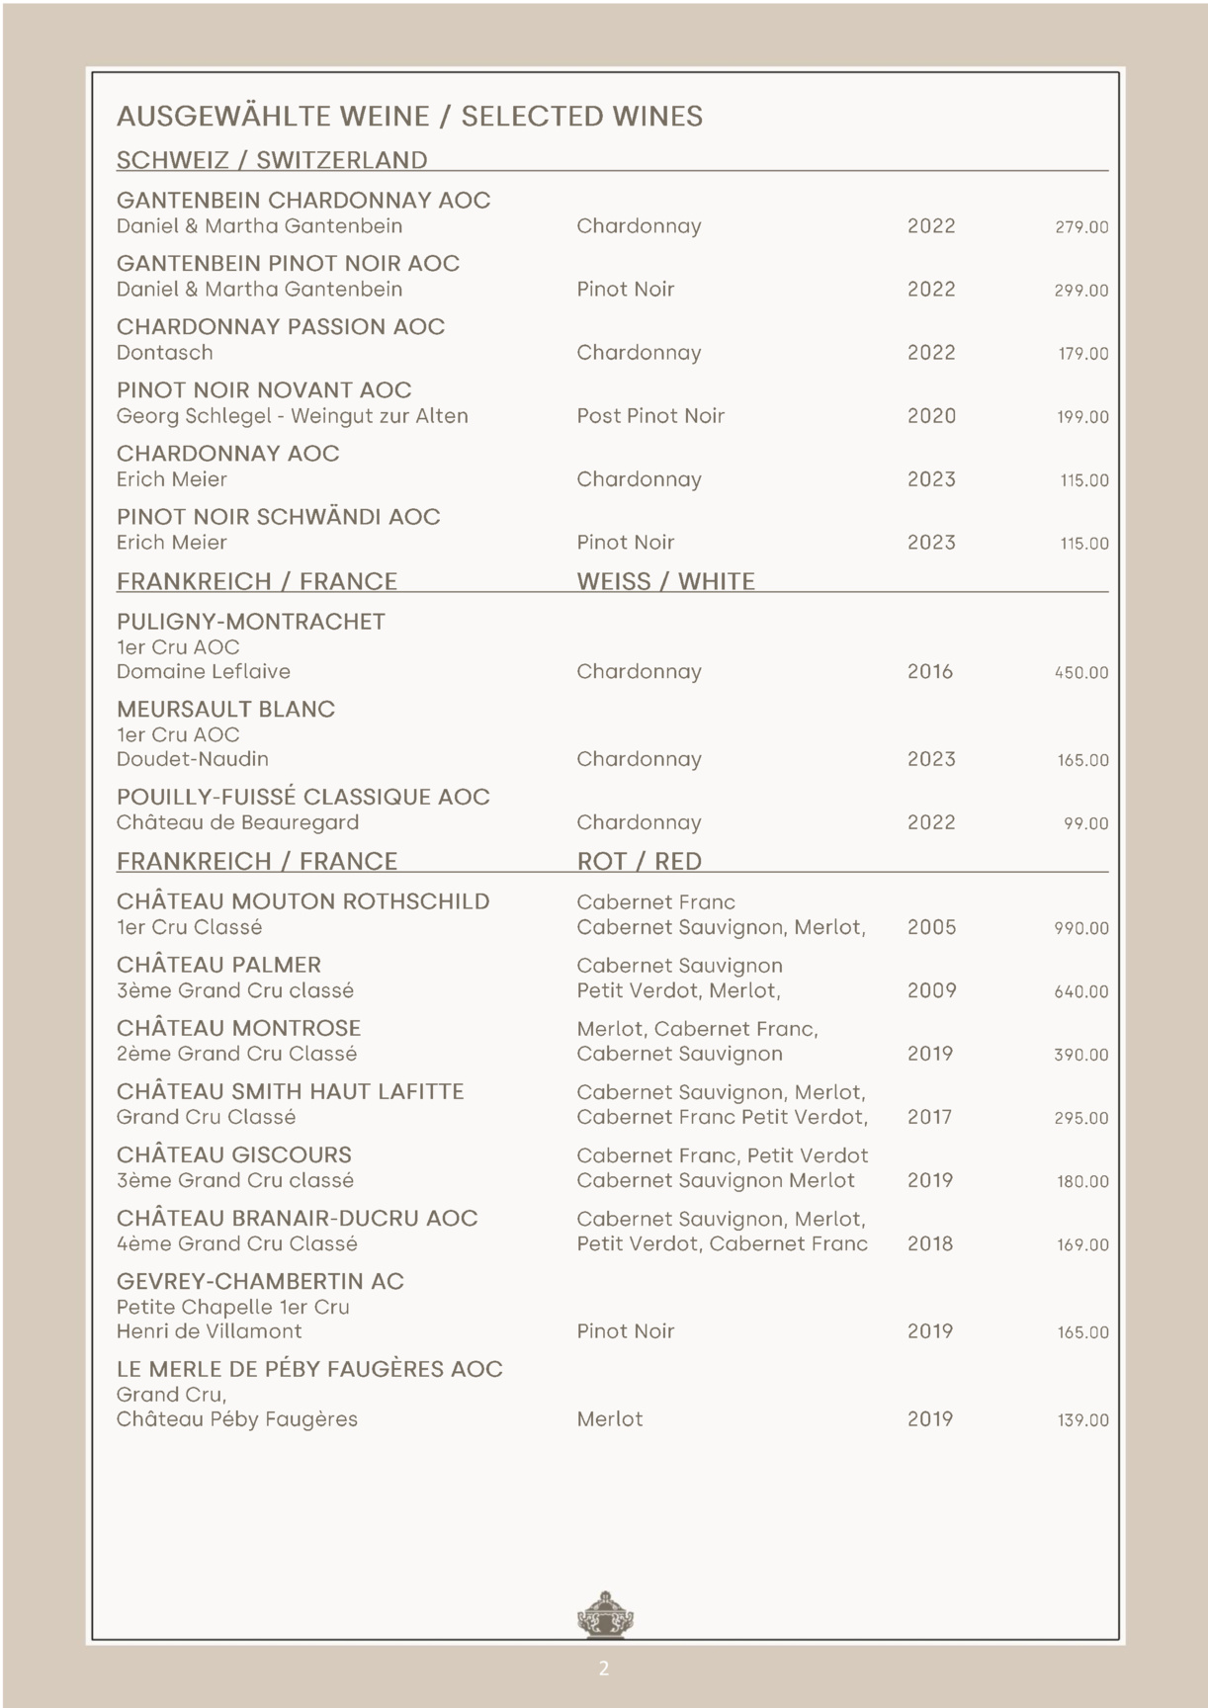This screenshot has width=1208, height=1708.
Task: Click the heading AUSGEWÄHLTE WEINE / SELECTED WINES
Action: click(x=409, y=117)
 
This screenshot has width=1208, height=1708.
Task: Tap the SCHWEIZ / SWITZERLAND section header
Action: click(x=272, y=160)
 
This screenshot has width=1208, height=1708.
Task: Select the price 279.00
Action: click(x=1080, y=227)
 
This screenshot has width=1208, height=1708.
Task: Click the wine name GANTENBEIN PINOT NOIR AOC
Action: click(x=288, y=264)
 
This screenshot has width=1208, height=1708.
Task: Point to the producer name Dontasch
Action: click(x=164, y=353)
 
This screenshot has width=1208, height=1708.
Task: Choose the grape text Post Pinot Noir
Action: click(x=650, y=416)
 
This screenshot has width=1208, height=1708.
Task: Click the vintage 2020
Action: click(x=931, y=416)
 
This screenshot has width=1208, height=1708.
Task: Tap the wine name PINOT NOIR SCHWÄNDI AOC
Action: click(x=278, y=517)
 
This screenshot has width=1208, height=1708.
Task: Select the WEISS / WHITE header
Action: click(x=665, y=581)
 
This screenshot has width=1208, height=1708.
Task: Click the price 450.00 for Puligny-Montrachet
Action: click(x=1080, y=673)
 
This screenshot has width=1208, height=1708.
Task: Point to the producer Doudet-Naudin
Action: click(x=192, y=759)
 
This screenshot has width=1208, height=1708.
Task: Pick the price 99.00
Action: click(x=1085, y=823)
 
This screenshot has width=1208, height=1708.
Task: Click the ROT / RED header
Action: click(x=639, y=861)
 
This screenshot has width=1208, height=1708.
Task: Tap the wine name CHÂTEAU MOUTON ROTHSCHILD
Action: click(x=302, y=901)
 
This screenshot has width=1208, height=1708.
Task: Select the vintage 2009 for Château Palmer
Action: click(x=931, y=990)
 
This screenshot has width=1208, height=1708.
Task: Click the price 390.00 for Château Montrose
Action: click(x=1080, y=1055)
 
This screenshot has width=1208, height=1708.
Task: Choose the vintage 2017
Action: click(x=929, y=1117)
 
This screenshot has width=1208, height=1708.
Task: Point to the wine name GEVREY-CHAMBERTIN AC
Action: click(x=260, y=1282)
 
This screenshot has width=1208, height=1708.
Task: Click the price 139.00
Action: click(x=1082, y=1420)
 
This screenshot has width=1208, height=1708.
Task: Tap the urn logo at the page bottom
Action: click(x=604, y=1615)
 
